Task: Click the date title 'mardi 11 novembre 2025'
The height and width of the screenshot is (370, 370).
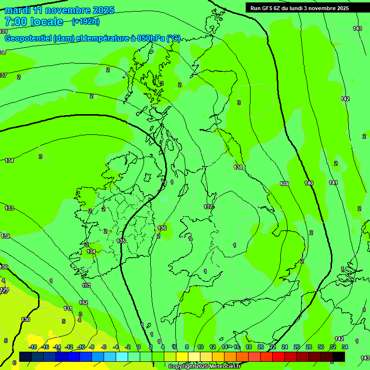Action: coord(59,10)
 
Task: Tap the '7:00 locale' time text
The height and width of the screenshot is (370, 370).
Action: coord(34,22)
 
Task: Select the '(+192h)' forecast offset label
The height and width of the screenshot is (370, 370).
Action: coord(85,21)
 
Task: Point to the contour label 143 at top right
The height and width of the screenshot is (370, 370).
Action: coord(357,28)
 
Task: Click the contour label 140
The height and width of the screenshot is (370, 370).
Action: coord(309,183)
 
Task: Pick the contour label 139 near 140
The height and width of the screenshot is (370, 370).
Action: coord(284,184)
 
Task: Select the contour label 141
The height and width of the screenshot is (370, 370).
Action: coord(333,183)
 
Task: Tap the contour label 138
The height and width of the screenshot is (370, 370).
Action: coord(238,167)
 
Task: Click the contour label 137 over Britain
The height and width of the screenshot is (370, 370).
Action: coord(208,207)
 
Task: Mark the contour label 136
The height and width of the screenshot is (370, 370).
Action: coord(162,228)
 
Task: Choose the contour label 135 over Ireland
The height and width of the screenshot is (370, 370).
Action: coord(121,241)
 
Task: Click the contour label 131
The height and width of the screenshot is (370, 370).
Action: coord(68,308)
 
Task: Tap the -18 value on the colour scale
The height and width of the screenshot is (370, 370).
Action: coord(33,347)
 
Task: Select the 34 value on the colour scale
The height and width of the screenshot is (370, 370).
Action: coord(344,347)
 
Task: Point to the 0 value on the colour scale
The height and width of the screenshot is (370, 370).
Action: coord(139,347)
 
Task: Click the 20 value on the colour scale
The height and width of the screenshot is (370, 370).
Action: coord(261,347)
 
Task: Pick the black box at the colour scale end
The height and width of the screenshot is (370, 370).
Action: coord(339,357)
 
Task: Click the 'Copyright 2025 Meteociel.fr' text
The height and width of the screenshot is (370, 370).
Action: coord(204,367)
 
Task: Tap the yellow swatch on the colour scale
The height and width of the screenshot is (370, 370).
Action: coord(182,357)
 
